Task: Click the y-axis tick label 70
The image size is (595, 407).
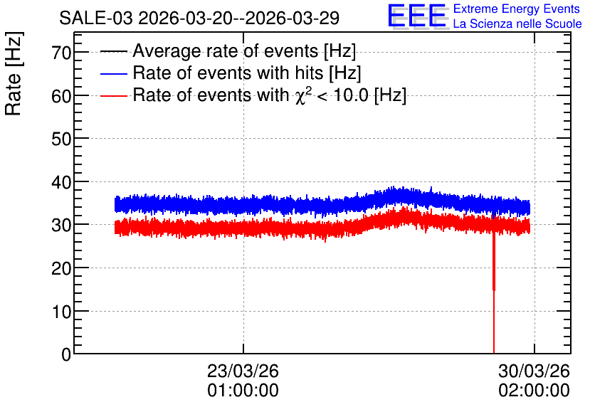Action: (x=61, y=53)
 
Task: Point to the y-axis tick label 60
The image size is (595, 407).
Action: (x=61, y=96)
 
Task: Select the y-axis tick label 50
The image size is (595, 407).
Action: (x=61, y=139)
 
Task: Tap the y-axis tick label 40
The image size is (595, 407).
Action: (x=61, y=182)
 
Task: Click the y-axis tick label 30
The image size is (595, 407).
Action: (x=61, y=226)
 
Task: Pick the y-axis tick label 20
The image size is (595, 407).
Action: (x=61, y=269)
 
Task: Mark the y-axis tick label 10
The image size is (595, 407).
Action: (x=61, y=312)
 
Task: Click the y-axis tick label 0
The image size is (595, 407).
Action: (x=66, y=354)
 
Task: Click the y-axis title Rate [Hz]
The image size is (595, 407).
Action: (x=14, y=73)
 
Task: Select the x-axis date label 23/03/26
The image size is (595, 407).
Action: (x=243, y=371)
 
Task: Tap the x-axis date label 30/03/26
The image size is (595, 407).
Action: (x=534, y=371)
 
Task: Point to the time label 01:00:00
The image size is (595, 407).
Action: (x=243, y=391)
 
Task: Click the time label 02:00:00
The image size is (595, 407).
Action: (x=534, y=391)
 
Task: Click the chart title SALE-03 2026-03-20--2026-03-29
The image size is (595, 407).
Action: (x=199, y=18)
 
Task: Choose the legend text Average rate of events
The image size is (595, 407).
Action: (x=226, y=51)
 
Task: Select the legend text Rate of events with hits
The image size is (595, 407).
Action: (x=228, y=73)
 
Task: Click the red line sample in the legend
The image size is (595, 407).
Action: (x=114, y=95)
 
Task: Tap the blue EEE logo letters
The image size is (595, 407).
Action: (x=416, y=16)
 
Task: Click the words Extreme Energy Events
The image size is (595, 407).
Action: (x=517, y=9)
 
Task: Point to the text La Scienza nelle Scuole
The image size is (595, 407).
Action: (x=517, y=24)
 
